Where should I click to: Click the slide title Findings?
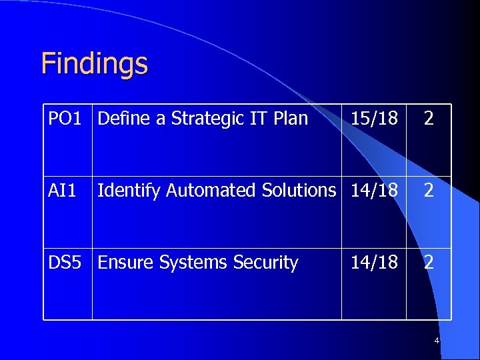pos(94,64)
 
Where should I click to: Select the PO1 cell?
pos(65,119)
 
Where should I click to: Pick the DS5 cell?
pos(65,263)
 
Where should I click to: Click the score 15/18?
pos(374,119)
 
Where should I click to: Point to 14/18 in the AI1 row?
pos(374,191)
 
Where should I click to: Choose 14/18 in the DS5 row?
pos(374,263)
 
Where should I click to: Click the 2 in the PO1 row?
pos(429,119)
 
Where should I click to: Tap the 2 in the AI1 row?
pos(429,191)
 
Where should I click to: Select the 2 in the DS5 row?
pos(429,263)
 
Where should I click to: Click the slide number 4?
pos(437,341)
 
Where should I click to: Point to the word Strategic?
pos(208,119)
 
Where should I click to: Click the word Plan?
pos(291,119)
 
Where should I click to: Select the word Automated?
pos(211,191)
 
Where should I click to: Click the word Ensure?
pos(126,263)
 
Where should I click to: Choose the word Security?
pos(265,263)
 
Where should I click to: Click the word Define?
pos(123,119)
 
